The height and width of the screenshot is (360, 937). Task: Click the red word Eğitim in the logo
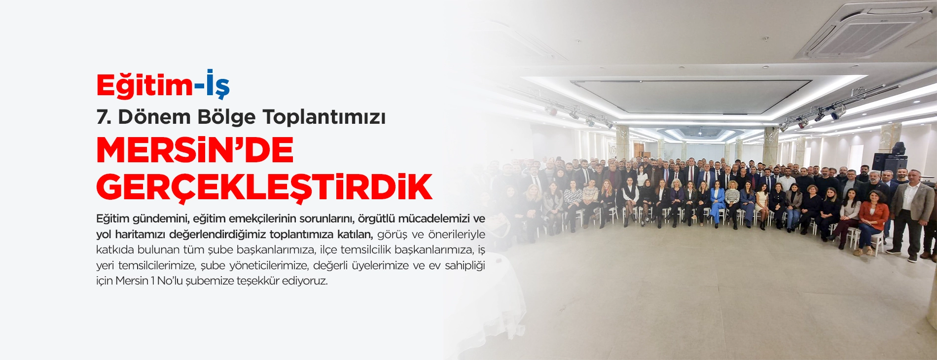[x=144, y=86]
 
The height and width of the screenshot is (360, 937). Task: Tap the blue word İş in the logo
[x=217, y=85]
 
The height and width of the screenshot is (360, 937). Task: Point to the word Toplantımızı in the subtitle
[x=324, y=117]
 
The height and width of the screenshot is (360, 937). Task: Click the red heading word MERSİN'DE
[x=195, y=150]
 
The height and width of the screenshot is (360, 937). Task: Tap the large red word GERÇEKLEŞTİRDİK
[x=264, y=187]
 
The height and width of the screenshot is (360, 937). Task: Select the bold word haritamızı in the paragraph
[x=140, y=234]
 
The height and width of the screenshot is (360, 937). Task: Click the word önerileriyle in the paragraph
[x=457, y=234]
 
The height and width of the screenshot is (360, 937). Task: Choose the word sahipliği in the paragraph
[x=465, y=265]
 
